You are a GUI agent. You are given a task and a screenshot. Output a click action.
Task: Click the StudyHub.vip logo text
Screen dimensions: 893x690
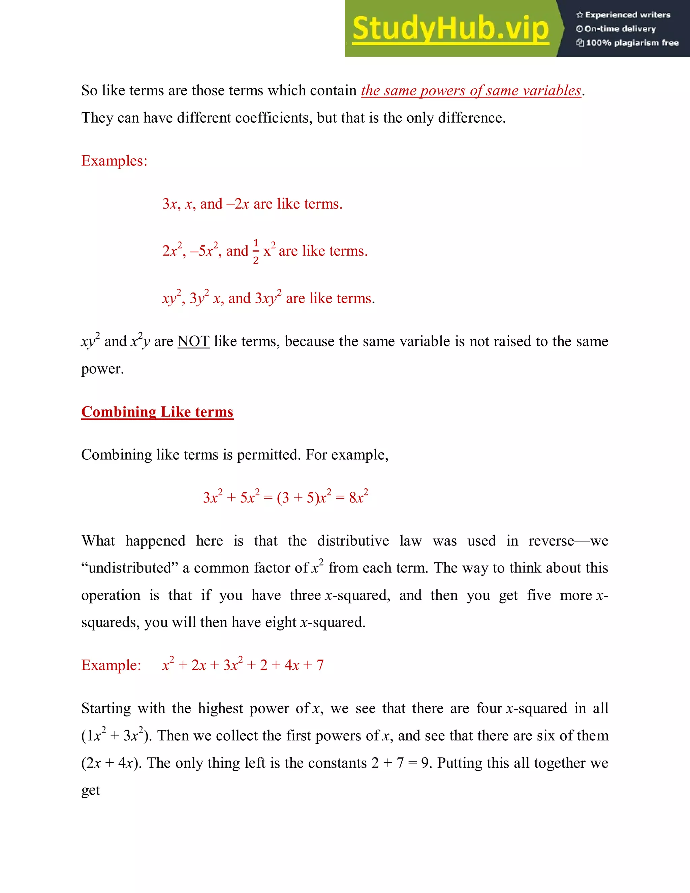point(450,29)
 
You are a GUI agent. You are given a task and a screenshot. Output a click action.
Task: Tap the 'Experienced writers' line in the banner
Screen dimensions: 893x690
point(623,15)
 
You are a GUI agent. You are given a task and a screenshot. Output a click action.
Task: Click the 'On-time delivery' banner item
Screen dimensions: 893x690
point(617,29)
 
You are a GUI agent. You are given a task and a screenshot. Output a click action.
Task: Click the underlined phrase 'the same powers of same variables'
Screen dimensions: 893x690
point(471,91)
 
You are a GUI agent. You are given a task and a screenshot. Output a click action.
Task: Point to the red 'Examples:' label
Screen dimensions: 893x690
point(114,161)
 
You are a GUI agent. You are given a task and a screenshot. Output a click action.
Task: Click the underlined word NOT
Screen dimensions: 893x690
point(193,341)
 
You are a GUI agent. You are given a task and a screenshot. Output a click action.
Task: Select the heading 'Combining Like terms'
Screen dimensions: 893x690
point(157,412)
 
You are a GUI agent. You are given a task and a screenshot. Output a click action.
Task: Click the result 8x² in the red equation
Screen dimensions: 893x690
point(358,497)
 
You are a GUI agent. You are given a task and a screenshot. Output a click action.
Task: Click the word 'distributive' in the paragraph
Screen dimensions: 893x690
point(353,541)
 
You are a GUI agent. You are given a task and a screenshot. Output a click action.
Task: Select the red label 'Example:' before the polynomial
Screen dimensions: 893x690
point(111,665)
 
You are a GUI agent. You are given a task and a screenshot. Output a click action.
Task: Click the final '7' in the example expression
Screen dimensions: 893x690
point(320,666)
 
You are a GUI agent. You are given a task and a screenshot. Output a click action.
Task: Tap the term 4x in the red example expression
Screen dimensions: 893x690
point(292,666)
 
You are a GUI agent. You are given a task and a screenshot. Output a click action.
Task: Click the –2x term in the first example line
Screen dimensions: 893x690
point(238,204)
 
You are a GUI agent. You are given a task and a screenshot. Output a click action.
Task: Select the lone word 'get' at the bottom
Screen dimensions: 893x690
point(90,790)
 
